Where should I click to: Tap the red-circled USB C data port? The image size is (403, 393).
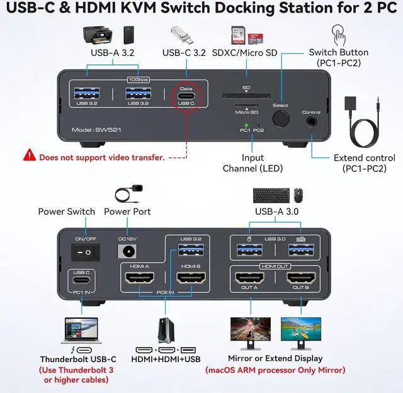186,96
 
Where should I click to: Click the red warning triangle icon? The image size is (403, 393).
30,154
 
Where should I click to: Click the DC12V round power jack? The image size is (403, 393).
128,252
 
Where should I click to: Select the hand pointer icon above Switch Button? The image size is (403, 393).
339,33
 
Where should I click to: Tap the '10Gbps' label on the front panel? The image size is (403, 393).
139,80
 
